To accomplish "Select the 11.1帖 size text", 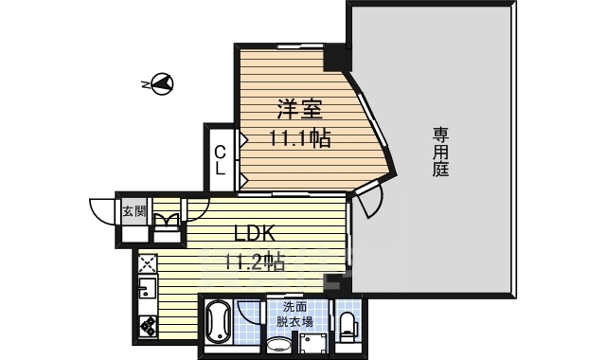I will [298, 139].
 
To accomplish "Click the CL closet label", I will [220, 160].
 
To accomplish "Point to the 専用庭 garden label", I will [440, 152].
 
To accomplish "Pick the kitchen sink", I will [148, 288].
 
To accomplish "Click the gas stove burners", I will [149, 325].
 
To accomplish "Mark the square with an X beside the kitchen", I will [147, 261].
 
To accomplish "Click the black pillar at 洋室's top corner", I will [335, 57].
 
